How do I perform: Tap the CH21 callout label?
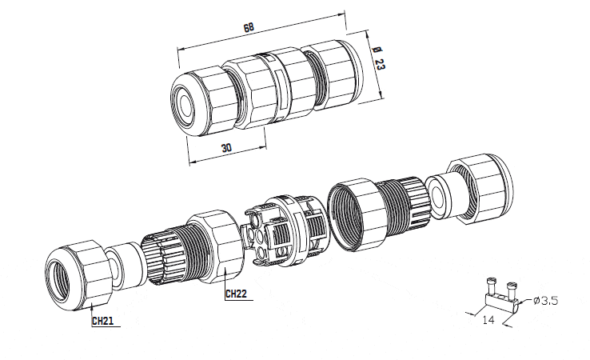pos(102,321)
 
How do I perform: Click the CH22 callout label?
pos(236,294)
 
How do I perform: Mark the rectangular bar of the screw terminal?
pos(500,299)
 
